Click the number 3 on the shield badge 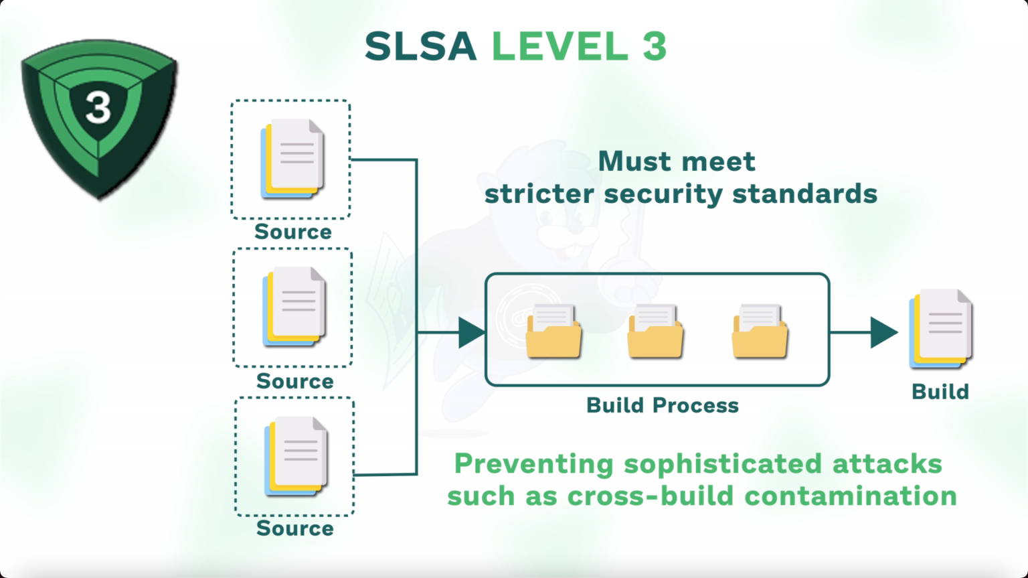[98, 106]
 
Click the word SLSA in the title [420, 46]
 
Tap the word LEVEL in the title [560, 46]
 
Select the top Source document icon [292, 159]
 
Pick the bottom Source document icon [296, 456]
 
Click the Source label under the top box [293, 232]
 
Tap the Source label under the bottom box [295, 528]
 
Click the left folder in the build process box [553, 332]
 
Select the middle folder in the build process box [655, 332]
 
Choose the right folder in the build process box [760, 332]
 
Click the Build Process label [663, 405]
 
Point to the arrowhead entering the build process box [471, 332]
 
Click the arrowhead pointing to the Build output [883, 332]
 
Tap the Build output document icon [940, 329]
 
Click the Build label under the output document [940, 392]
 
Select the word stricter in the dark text [539, 194]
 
